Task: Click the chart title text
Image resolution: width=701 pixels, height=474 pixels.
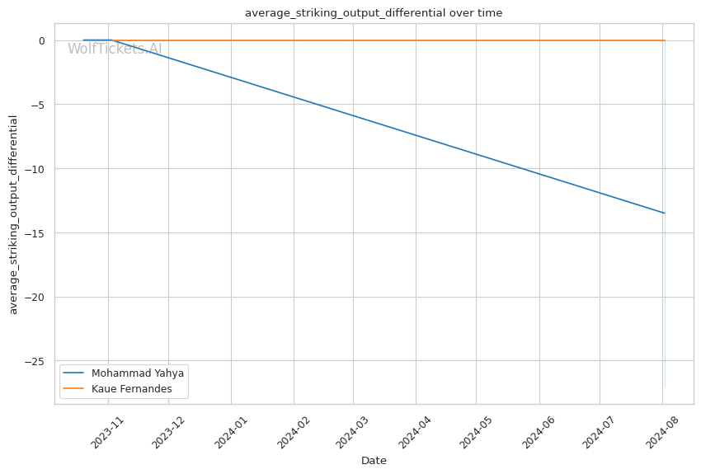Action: pos(374,12)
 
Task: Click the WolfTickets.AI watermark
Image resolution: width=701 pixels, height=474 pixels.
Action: pos(115,49)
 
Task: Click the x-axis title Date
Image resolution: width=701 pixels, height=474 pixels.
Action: pos(374,461)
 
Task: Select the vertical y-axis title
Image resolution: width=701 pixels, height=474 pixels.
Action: pos(13,214)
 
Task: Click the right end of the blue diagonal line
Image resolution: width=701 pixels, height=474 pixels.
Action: pos(664,213)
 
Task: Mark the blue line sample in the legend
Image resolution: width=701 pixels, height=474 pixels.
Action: pos(75,373)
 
